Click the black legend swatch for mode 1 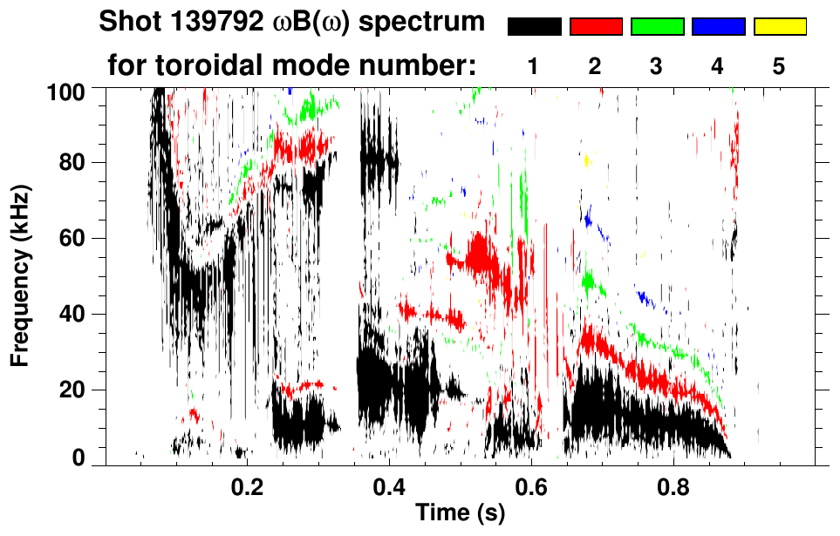(x=535, y=27)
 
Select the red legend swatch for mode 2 (x=596, y=27)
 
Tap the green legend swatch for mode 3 (x=657, y=27)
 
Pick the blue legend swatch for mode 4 (x=718, y=27)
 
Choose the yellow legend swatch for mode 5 (x=779, y=27)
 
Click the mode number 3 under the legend (x=657, y=65)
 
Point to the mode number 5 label (x=779, y=65)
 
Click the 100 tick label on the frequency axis (x=66, y=91)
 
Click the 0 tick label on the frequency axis (x=78, y=458)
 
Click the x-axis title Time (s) (x=460, y=514)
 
